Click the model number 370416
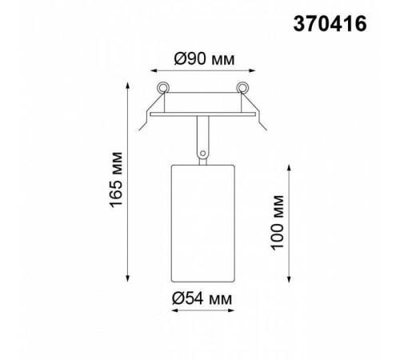(x=330, y=25)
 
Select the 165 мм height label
(x=118, y=182)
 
